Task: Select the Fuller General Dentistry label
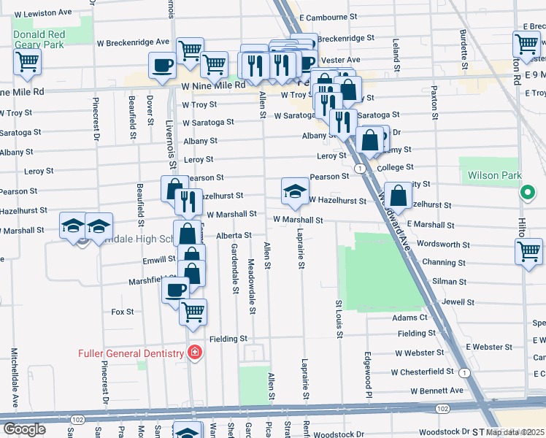(x=132, y=354)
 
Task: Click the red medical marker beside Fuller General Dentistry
(x=194, y=353)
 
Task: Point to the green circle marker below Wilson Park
(x=526, y=193)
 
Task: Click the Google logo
(x=24, y=429)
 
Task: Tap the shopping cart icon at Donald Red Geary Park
(x=28, y=62)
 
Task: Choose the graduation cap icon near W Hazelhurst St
(x=295, y=191)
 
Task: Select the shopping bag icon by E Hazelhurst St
(x=398, y=194)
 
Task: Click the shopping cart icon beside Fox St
(x=193, y=311)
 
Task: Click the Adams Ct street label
(x=409, y=318)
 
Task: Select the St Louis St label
(x=339, y=319)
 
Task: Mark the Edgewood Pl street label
(x=369, y=371)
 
